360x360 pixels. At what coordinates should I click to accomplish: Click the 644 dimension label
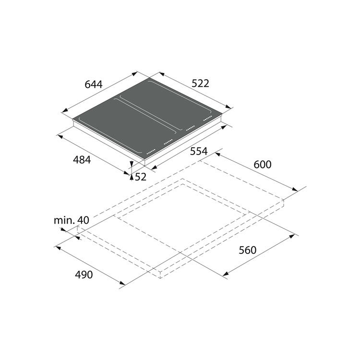click(x=94, y=84)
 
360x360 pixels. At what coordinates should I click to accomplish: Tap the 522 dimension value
click(x=200, y=84)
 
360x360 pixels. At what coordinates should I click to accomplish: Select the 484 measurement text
click(x=82, y=159)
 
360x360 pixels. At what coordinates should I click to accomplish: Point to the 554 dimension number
click(x=199, y=151)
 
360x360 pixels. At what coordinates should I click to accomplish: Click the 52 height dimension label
click(x=141, y=177)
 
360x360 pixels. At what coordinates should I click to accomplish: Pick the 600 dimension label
click(x=263, y=164)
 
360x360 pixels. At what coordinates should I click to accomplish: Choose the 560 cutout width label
click(x=248, y=250)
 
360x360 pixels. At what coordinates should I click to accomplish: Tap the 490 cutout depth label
click(x=84, y=275)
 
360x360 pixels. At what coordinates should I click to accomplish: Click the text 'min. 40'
click(x=72, y=220)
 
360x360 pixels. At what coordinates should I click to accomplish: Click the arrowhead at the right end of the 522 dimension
click(x=228, y=107)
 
